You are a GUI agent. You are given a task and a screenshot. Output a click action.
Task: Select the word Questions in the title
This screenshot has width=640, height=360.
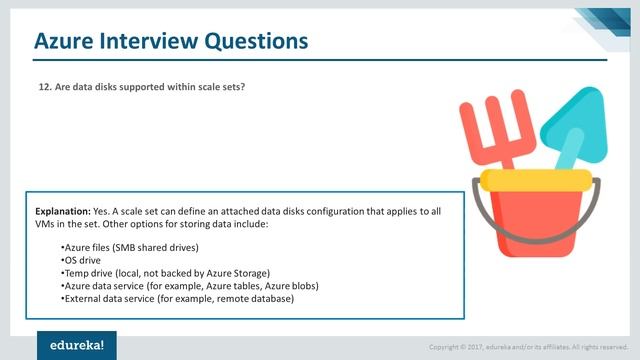point(254,41)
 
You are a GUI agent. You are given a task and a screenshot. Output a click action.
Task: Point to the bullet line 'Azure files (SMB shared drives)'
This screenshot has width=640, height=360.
point(129,246)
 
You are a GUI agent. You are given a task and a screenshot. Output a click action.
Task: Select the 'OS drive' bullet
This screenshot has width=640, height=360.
point(84,259)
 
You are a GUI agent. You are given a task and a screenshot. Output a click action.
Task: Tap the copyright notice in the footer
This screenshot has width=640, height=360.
point(527,347)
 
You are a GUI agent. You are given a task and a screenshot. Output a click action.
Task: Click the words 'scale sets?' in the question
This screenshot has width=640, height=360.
point(220,87)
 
